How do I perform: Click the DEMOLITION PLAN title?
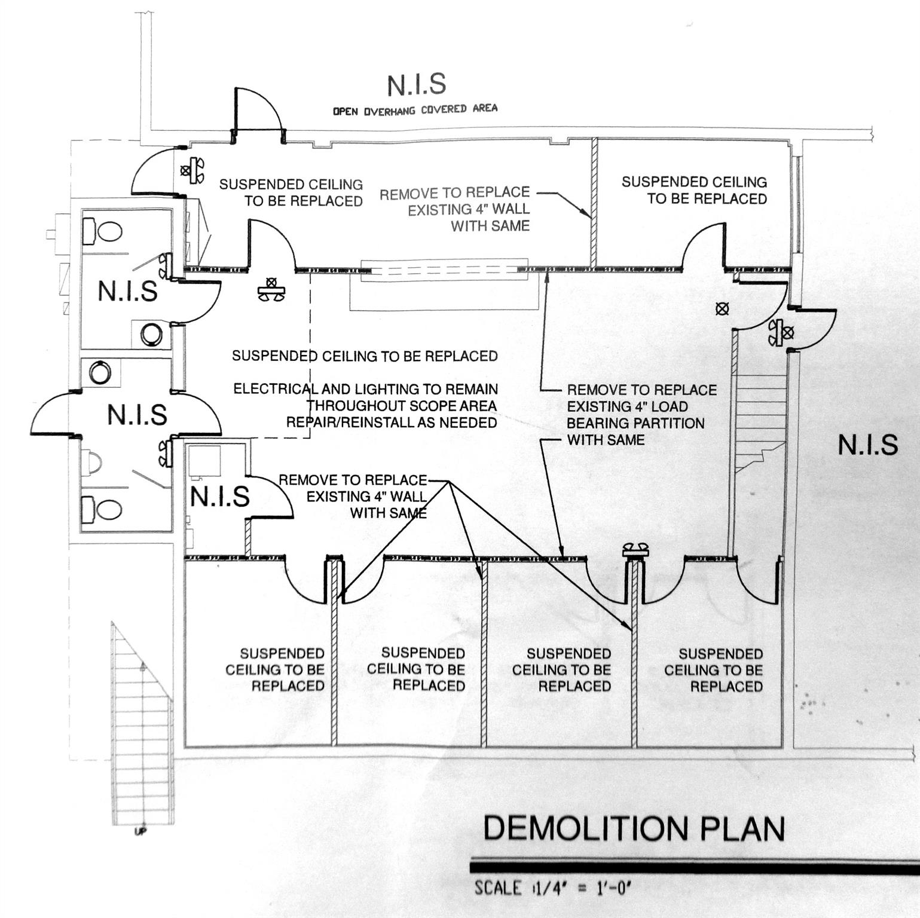point(633,828)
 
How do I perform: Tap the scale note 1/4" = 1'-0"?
point(553,888)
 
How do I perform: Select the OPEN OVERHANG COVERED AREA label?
point(415,109)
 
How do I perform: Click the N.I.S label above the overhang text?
point(416,85)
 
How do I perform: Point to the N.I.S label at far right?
point(867,445)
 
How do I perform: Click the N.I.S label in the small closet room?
point(219,497)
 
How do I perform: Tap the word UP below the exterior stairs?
point(140,831)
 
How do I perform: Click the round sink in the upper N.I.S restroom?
point(151,335)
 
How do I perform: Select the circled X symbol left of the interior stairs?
point(722,308)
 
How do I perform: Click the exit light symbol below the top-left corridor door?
point(271,289)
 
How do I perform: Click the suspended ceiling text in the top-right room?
point(694,190)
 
